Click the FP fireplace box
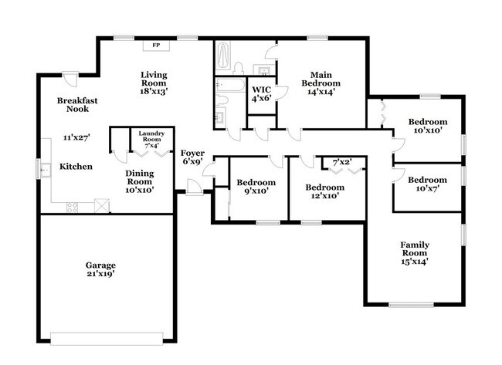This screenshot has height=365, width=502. click(155, 46)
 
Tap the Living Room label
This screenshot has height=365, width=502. click(154, 75)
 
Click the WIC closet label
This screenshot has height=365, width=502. click(260, 90)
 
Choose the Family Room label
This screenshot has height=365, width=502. click(415, 245)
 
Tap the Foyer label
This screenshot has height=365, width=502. click(192, 154)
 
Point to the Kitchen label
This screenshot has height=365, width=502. click(76, 167)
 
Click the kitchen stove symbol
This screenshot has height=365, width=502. click(72, 206)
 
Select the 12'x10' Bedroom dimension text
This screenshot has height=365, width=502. click(324, 196)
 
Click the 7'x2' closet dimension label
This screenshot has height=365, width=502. click(341, 162)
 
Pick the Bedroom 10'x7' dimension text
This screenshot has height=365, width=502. click(427, 189)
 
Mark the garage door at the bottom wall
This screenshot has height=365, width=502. click(107, 336)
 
